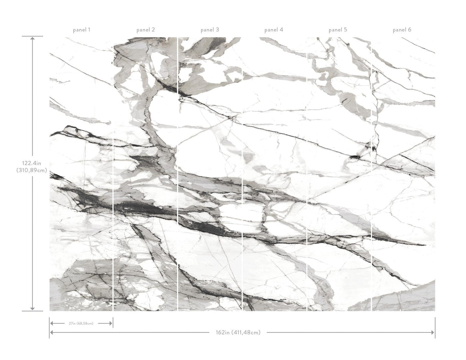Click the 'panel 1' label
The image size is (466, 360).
point(82,30)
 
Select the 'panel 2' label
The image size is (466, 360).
point(146,30)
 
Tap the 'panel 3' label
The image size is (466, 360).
point(210,30)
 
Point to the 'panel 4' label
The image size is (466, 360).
point(274,30)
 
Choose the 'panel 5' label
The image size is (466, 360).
point(338,30)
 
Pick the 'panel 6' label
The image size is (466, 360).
point(402,30)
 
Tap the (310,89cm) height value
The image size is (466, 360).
point(32,170)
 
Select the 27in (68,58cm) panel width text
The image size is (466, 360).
point(81,324)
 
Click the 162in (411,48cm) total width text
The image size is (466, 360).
point(238,332)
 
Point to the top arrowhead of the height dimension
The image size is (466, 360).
point(32,38)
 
